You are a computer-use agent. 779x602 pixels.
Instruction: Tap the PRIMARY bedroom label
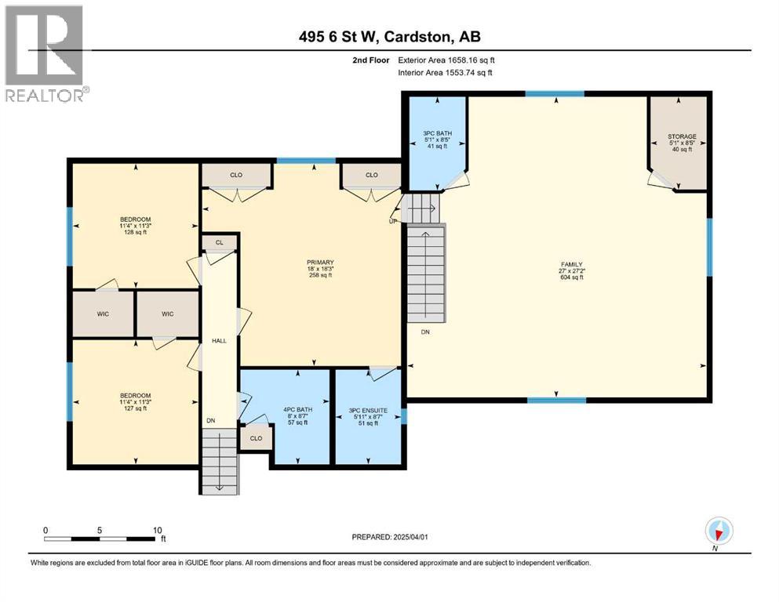click(x=321, y=263)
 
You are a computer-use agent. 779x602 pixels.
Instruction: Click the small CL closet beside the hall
click(x=219, y=243)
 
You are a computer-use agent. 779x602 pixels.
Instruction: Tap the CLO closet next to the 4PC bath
click(x=256, y=438)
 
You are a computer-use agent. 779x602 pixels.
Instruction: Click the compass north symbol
click(x=719, y=531)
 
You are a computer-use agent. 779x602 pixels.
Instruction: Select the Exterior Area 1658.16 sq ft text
click(x=446, y=60)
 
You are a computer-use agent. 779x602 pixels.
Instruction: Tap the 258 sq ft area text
click(x=321, y=275)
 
